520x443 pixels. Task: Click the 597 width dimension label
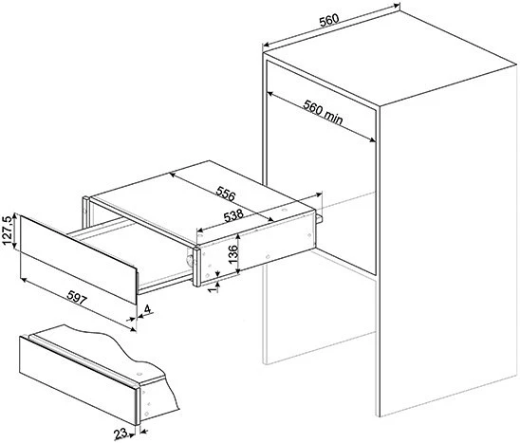tap(77, 298)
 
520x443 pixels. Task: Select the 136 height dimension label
tap(233, 253)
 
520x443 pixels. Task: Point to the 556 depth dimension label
tap(226, 194)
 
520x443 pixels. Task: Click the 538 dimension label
tap(233, 216)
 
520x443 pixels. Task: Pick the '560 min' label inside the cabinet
tap(323, 112)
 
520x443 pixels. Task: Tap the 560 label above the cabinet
tap(329, 20)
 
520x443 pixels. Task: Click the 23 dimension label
tap(121, 434)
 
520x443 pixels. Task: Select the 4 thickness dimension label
tap(147, 309)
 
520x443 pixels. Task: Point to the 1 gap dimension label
tap(214, 288)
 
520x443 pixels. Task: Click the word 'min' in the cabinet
tap(333, 117)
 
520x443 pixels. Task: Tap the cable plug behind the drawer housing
tap(319, 218)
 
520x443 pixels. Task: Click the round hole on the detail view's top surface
tap(139, 374)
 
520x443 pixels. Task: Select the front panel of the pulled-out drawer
tap(79, 260)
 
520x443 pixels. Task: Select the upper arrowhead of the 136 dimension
tap(238, 236)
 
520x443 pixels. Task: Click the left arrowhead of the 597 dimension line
tap(23, 280)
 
